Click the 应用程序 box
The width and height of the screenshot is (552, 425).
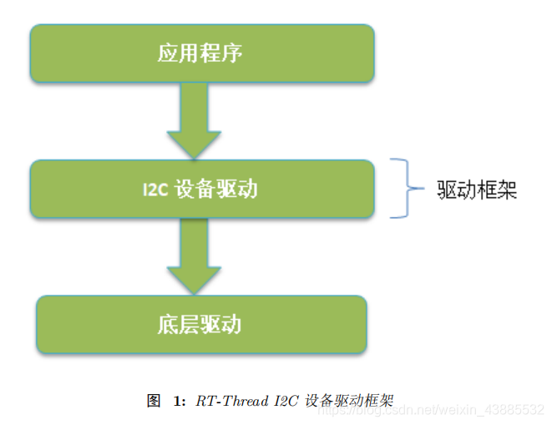[x=200, y=53]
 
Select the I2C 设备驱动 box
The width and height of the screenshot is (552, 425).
[x=200, y=190]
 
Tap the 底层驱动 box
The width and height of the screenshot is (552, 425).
[x=200, y=324]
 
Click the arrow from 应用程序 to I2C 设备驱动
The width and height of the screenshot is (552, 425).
[x=194, y=121]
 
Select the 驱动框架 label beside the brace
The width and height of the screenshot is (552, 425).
[x=477, y=190]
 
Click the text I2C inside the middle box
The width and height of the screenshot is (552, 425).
[x=155, y=190]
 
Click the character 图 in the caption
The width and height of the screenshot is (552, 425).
[x=153, y=400]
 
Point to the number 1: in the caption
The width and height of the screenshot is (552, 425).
[x=180, y=400]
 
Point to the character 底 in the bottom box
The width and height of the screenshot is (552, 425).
[x=167, y=324]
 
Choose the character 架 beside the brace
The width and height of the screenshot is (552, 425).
[x=507, y=190]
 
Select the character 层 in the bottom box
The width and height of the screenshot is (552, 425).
[x=189, y=324]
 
